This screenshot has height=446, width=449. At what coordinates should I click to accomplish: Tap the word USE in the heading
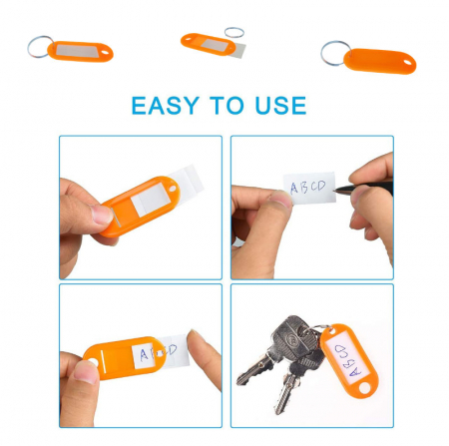click(280, 106)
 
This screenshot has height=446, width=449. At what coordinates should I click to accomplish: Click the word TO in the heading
click(226, 105)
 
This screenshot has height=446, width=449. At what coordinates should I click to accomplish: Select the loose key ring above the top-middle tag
click(234, 28)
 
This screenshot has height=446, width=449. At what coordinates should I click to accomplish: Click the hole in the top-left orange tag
click(105, 53)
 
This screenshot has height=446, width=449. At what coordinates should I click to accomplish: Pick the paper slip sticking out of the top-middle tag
click(238, 51)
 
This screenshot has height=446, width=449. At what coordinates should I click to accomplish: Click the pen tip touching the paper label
click(336, 191)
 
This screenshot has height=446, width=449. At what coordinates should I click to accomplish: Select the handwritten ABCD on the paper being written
click(308, 187)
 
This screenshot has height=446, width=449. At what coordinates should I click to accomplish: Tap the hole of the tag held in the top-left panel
click(173, 189)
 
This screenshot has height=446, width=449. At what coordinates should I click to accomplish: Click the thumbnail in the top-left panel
click(102, 215)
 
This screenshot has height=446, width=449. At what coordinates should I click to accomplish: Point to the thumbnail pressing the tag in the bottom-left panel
click(86, 372)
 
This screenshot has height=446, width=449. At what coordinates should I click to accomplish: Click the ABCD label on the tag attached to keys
click(347, 360)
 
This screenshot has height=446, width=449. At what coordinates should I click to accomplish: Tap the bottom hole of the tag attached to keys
click(364, 388)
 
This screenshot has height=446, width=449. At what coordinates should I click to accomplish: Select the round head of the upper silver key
click(292, 335)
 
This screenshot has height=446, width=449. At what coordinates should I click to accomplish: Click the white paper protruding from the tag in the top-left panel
click(187, 180)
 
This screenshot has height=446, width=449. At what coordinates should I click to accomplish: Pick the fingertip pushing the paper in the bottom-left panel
click(196, 341)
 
